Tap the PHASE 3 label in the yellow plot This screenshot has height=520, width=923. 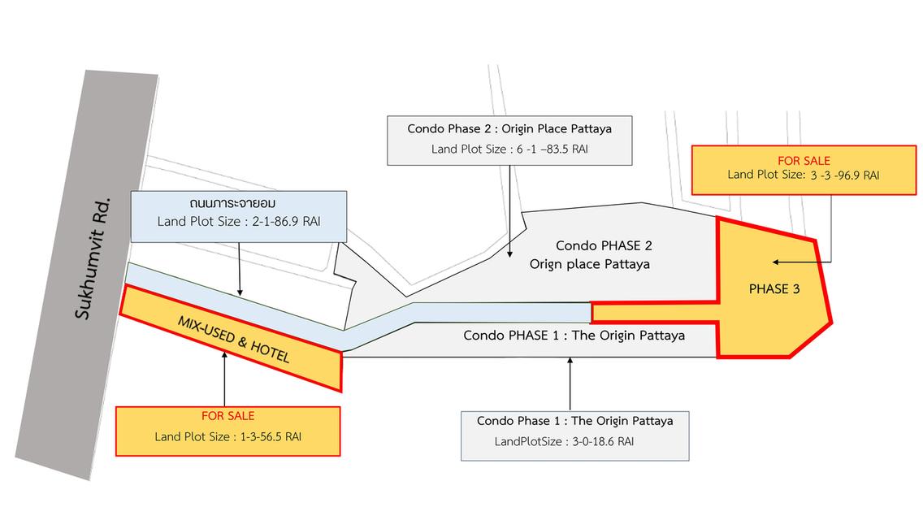[774, 289]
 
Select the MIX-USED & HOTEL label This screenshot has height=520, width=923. [234, 339]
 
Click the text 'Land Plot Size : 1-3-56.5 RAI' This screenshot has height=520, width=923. [227, 437]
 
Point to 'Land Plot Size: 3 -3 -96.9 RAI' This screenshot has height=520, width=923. [803, 175]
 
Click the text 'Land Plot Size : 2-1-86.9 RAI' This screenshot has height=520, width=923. [238, 222]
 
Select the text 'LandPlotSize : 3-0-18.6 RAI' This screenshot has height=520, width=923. [564, 442]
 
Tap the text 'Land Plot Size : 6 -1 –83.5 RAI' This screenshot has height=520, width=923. [509, 149]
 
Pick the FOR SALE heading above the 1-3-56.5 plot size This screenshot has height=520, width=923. [227, 416]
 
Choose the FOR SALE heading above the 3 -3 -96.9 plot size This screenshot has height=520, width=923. [804, 161]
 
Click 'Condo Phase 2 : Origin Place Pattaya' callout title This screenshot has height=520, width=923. [509, 129]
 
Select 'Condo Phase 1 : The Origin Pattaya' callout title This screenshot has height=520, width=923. [574, 421]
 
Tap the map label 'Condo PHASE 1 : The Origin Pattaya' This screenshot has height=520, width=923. [574, 336]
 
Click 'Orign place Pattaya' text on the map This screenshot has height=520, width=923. [589, 264]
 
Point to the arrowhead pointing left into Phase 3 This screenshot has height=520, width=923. [776, 262]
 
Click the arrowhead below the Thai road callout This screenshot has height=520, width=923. [240, 292]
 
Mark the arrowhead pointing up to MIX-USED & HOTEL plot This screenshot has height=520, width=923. [224, 354]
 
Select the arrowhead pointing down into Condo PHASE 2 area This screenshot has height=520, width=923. [509, 253]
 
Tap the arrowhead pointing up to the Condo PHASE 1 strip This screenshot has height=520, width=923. [570, 361]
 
